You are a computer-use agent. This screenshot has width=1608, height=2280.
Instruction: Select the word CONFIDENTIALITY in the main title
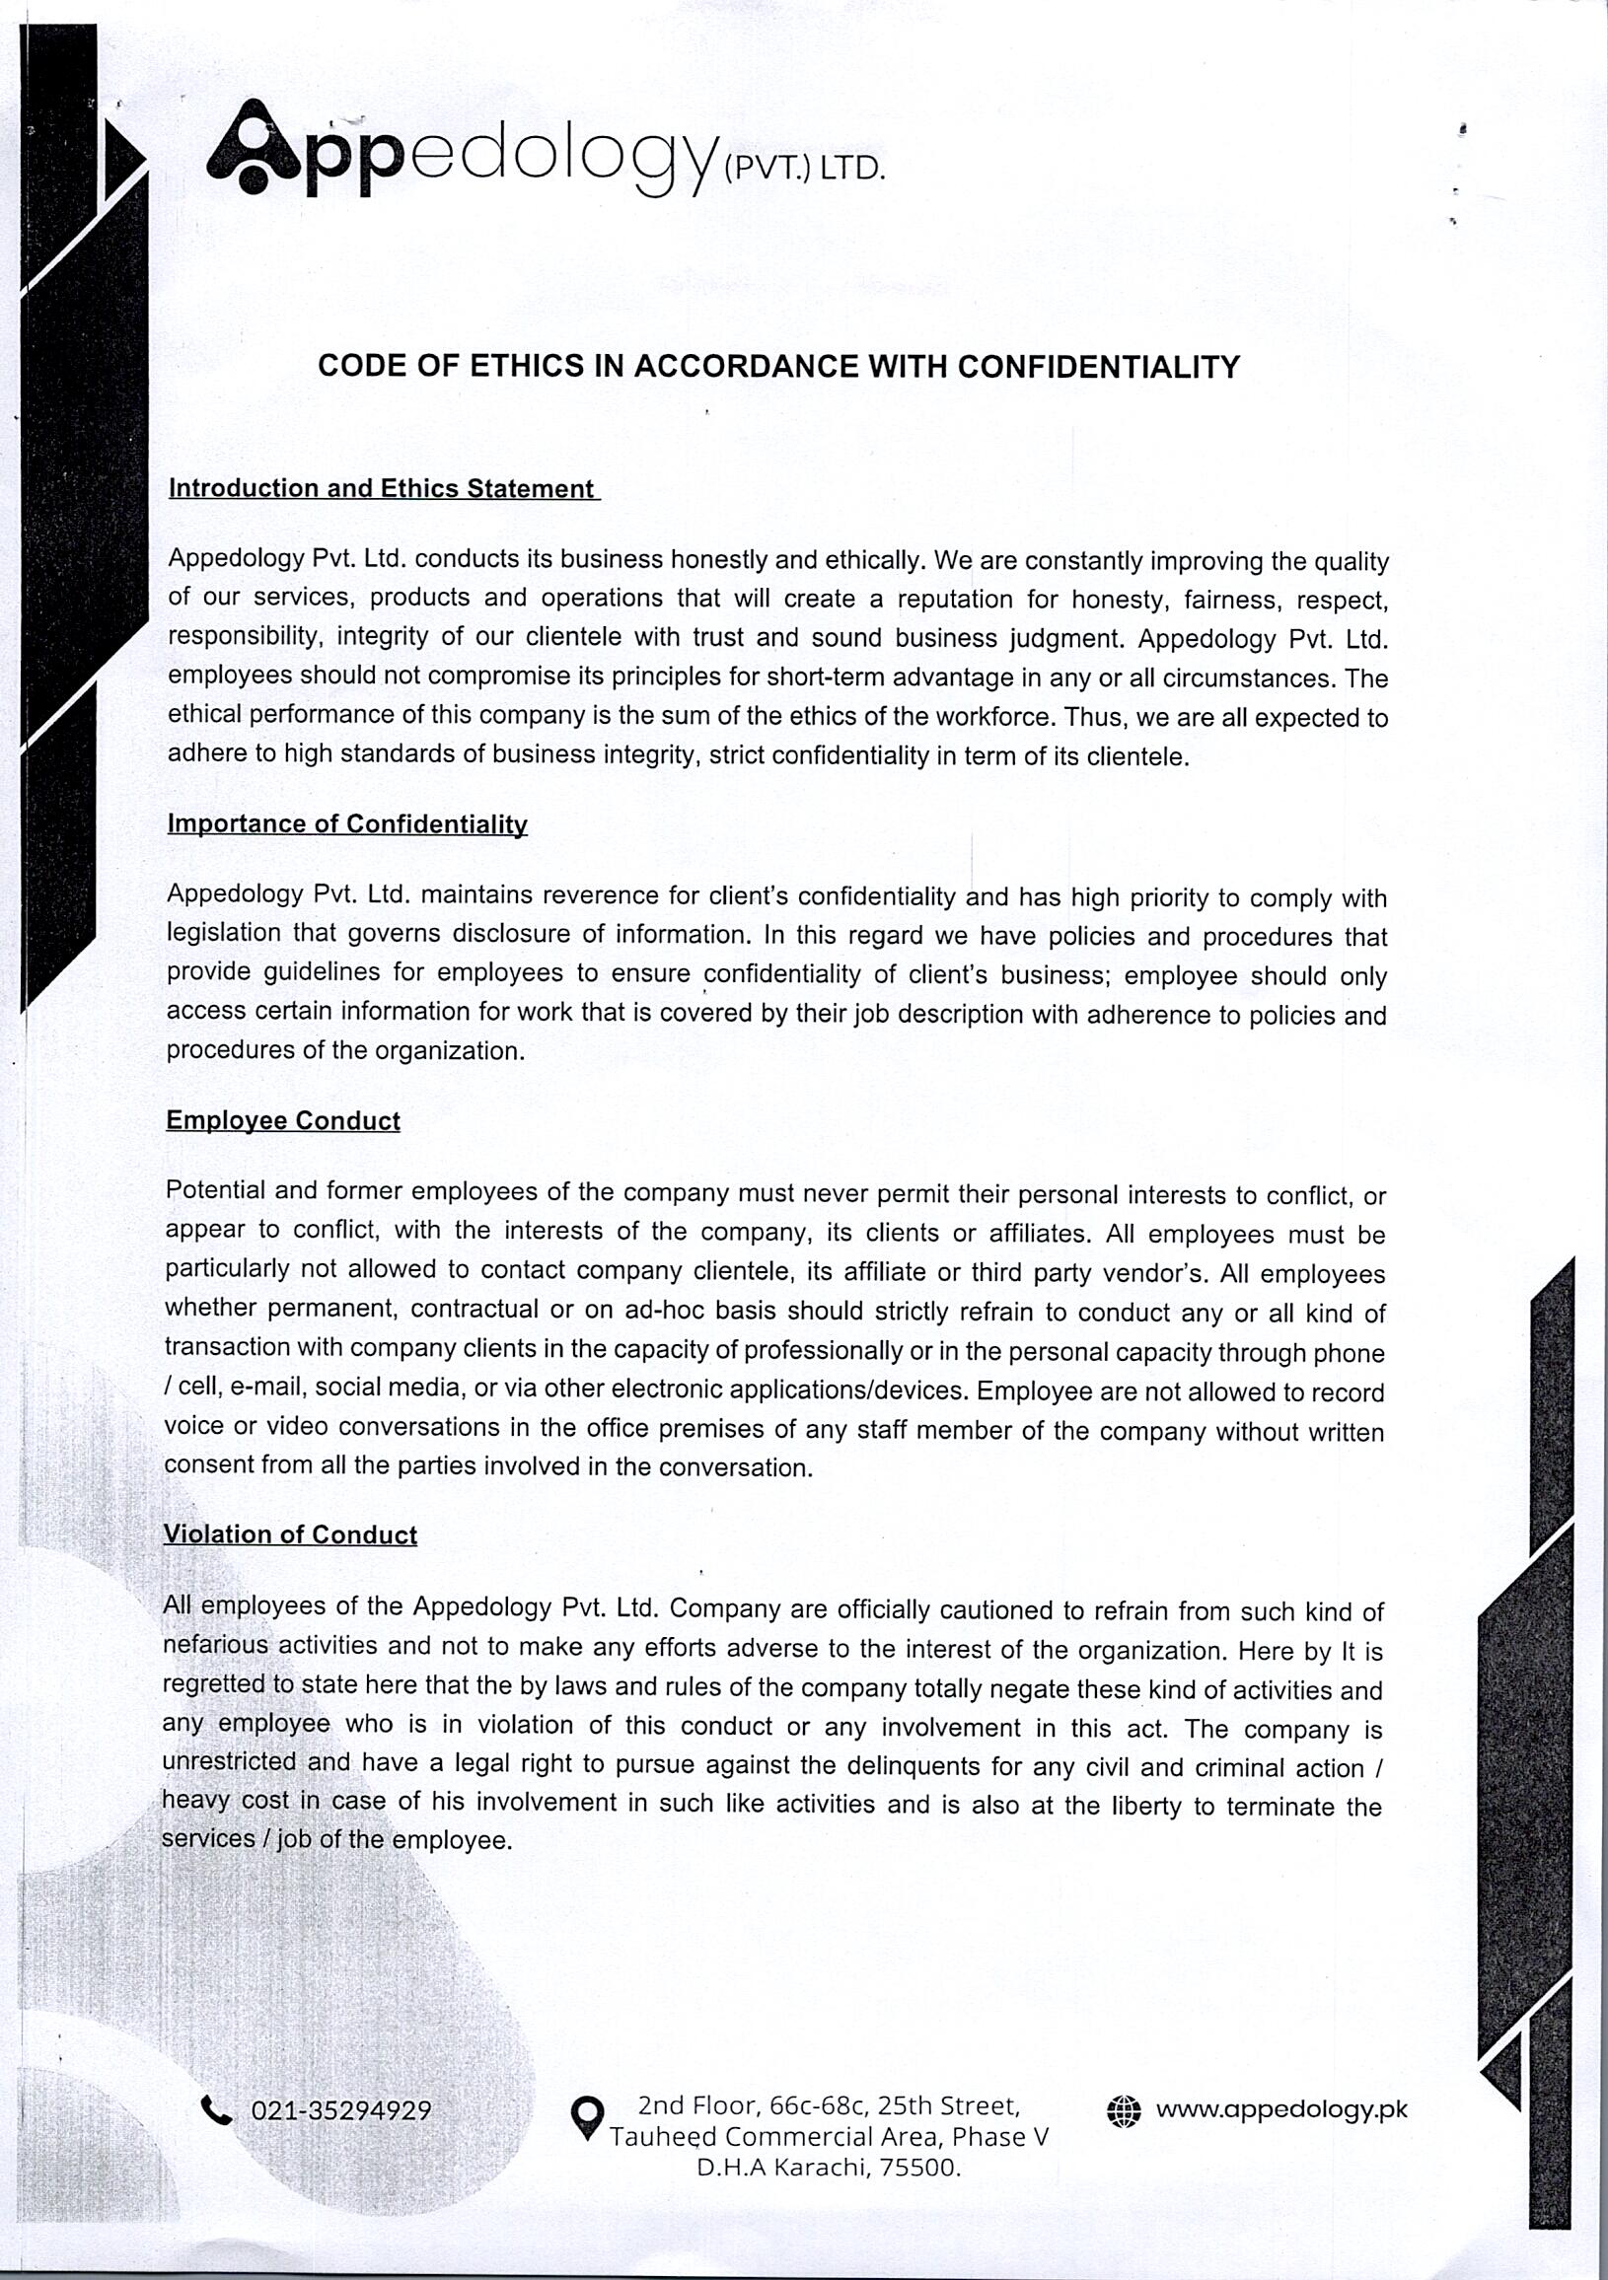click(x=1098, y=368)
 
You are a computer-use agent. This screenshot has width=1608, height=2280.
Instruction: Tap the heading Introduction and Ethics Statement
click(x=383, y=488)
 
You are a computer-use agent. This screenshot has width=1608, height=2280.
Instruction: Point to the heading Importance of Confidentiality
click(x=346, y=824)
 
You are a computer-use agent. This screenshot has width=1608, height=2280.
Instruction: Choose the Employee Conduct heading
click(x=283, y=1121)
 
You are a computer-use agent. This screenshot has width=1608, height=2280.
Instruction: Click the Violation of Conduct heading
click(x=290, y=1535)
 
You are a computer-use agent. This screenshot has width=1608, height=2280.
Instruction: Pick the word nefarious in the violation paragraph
click(x=215, y=1645)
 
